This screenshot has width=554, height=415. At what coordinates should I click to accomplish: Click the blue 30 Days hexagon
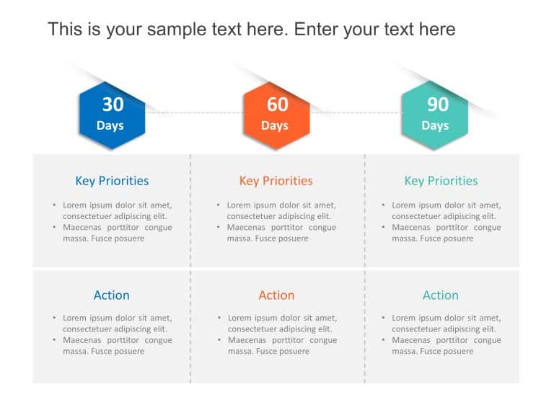click(112, 115)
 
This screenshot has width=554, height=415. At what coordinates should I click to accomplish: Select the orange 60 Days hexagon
click(276, 115)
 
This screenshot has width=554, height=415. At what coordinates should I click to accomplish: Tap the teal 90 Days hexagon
click(435, 115)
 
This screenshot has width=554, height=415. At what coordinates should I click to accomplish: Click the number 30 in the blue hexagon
click(113, 104)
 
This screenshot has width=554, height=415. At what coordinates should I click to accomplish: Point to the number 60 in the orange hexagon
click(277, 104)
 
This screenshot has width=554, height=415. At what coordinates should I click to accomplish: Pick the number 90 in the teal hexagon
click(437, 104)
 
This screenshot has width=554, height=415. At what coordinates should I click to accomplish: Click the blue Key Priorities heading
click(112, 181)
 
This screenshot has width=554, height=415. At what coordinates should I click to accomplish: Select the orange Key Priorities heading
click(276, 181)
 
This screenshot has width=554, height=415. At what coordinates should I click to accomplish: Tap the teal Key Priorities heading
click(441, 181)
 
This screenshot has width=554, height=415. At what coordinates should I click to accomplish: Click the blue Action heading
click(112, 295)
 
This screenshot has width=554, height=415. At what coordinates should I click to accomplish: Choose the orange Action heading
click(276, 295)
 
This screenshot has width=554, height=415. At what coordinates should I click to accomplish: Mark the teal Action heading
click(441, 295)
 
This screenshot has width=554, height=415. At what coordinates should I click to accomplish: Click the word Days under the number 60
click(275, 126)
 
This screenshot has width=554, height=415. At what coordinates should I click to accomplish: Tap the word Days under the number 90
click(435, 126)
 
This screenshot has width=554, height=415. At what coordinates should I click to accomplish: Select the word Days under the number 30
click(110, 126)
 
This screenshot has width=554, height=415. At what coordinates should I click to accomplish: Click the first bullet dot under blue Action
click(54, 318)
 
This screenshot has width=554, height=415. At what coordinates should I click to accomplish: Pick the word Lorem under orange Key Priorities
click(239, 205)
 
